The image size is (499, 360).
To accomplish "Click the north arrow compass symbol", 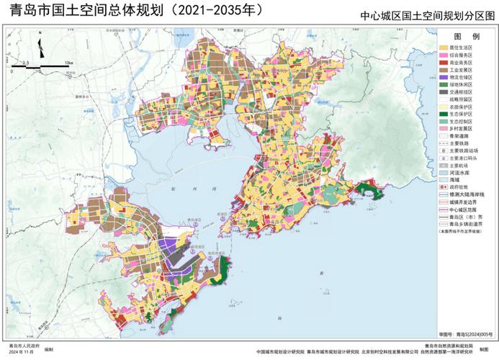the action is [x=41, y=50].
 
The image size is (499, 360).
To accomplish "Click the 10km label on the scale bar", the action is [x=68, y=63].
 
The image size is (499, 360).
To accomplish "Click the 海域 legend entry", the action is [x=457, y=179].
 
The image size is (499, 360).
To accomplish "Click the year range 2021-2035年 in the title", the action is [x=209, y=10].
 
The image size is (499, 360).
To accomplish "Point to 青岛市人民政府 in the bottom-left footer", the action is [x=19, y=346].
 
